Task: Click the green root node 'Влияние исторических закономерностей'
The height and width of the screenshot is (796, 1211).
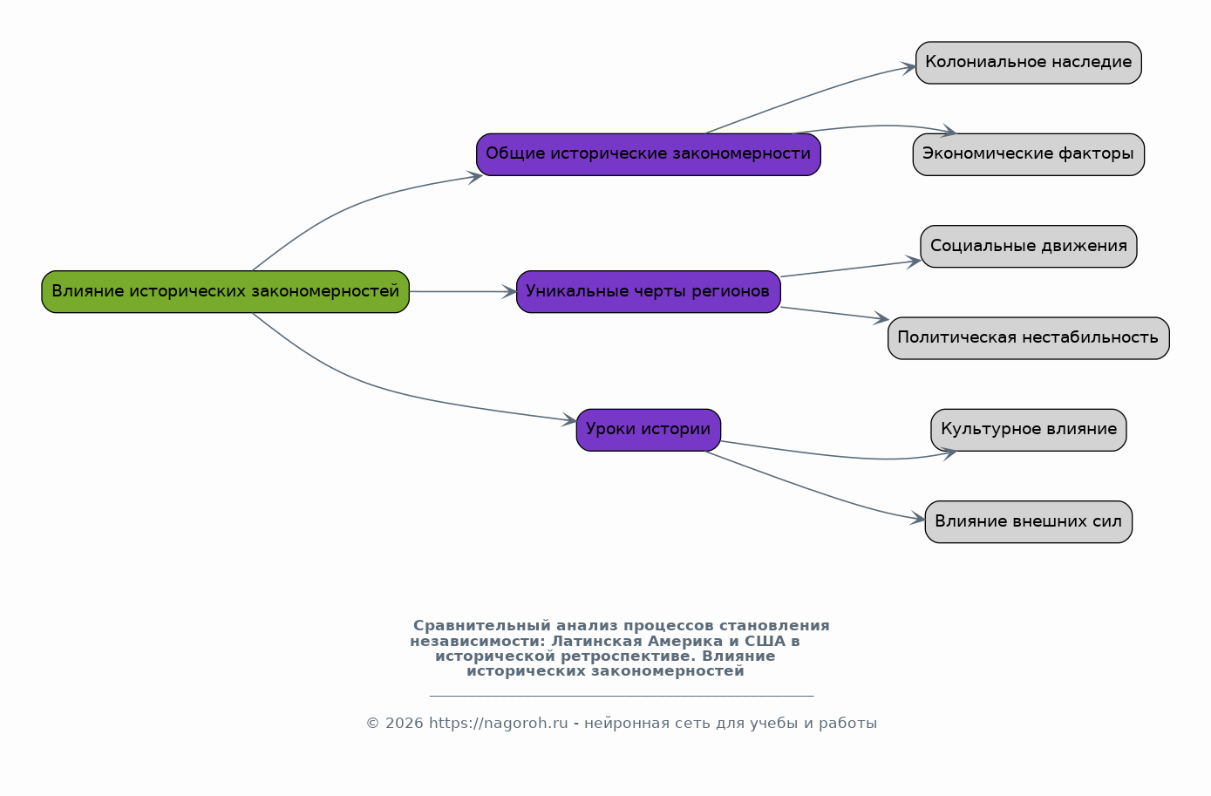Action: click(226, 292)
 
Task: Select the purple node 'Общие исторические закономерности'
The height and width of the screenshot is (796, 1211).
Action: click(648, 154)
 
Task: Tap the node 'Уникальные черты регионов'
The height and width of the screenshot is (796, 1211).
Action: click(648, 292)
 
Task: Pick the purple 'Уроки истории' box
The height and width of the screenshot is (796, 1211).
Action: click(648, 430)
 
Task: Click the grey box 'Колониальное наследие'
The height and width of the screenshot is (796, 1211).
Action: click(1028, 63)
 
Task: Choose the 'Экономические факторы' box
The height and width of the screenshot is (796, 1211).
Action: click(1028, 154)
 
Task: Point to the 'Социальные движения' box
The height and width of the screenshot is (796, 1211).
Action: click(1028, 247)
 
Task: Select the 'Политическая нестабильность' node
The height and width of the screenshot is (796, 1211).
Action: click(1028, 338)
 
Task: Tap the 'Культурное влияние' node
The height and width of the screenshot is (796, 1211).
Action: click(1028, 430)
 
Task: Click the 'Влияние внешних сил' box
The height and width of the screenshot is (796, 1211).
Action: click(1028, 522)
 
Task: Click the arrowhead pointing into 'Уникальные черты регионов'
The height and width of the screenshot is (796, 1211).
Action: click(509, 292)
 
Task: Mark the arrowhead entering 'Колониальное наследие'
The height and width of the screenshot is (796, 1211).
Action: click(908, 68)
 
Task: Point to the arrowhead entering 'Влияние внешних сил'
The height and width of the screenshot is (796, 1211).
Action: click(917, 519)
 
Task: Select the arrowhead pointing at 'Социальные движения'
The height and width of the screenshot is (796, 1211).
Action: click(914, 262)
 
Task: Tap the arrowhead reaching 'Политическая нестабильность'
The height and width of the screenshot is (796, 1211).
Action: click(881, 318)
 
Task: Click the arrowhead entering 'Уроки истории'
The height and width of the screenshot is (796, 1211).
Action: click(569, 419)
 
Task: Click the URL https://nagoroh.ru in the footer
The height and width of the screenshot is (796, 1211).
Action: click(499, 724)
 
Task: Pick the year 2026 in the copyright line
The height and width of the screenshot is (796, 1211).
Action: click(404, 724)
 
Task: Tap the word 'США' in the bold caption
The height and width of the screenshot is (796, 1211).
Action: click(765, 642)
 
